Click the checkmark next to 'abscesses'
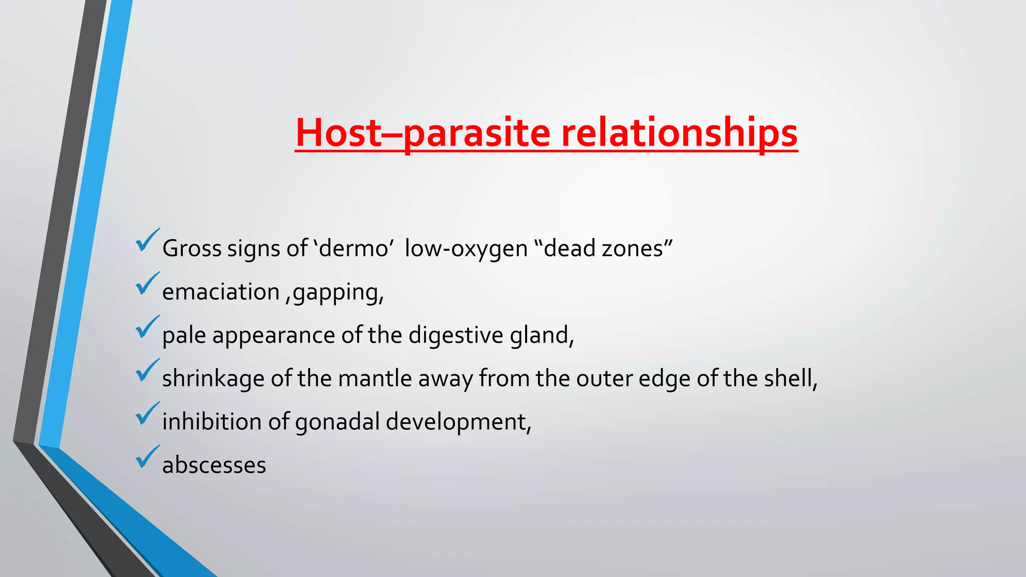pos(147,457)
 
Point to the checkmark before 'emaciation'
pos(147,283)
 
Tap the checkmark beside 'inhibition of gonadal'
pos(147,414)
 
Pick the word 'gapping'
pos(337,293)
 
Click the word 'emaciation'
pos(220,292)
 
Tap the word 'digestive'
pos(455,335)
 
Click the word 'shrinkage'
pos(213,379)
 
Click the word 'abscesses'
pos(214,465)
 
